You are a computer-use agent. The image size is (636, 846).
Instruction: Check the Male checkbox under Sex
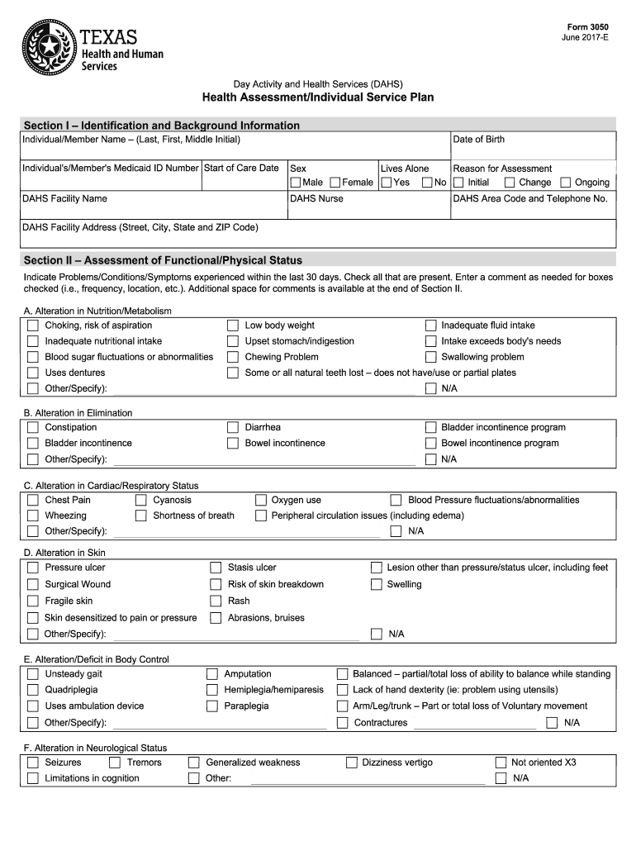[x=295, y=183]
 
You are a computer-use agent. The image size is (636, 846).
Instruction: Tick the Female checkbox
[x=335, y=183]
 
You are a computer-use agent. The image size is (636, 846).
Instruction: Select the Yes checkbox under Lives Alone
[x=386, y=183]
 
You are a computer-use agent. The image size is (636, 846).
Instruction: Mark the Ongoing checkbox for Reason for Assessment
[x=566, y=183]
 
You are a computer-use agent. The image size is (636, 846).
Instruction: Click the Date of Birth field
[x=533, y=151]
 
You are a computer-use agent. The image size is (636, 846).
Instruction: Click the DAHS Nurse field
[x=368, y=209]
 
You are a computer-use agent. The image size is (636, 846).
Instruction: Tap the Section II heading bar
[x=318, y=260]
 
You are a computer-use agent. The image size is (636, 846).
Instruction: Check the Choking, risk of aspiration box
[x=32, y=326]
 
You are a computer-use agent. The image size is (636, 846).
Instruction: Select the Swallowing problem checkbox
[x=430, y=357]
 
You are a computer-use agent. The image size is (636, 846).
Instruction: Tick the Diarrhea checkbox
[x=233, y=428]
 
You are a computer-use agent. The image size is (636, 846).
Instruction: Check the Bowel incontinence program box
[x=430, y=444]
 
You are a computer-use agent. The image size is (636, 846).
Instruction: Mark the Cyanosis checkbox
[x=140, y=501]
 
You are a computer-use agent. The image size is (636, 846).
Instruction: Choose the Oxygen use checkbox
[x=260, y=501]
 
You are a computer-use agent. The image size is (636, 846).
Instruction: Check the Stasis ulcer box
[x=216, y=568]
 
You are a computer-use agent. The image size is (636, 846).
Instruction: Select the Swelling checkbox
[x=376, y=585]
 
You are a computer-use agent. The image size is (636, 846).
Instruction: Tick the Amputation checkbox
[x=212, y=675]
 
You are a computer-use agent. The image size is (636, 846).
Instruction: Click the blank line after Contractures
[x=474, y=725]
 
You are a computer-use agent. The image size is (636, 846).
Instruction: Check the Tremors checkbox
[x=115, y=763]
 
